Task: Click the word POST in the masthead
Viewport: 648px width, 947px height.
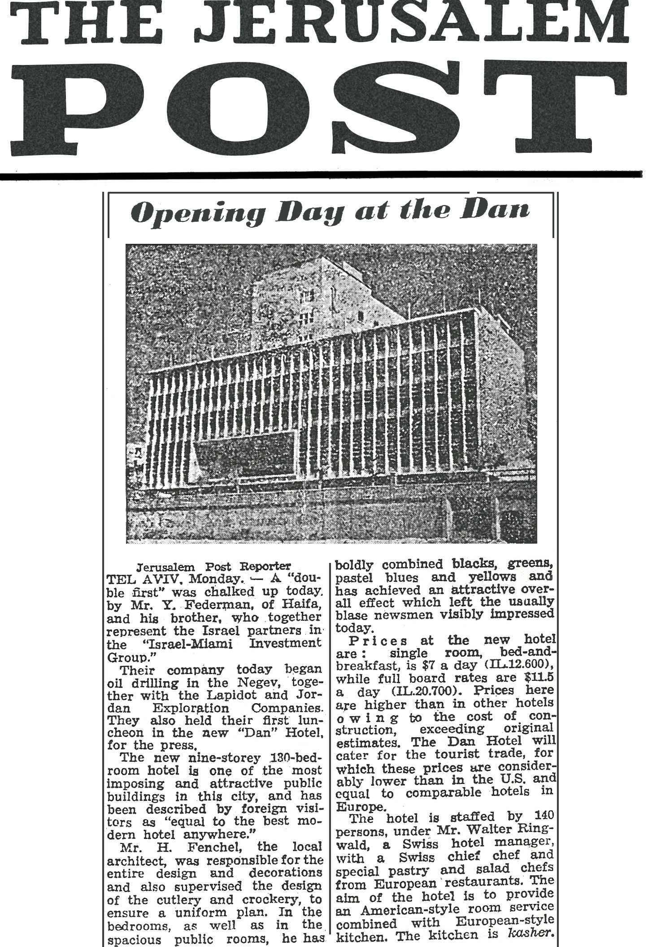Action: [323, 108]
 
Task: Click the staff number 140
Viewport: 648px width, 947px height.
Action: [544, 816]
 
